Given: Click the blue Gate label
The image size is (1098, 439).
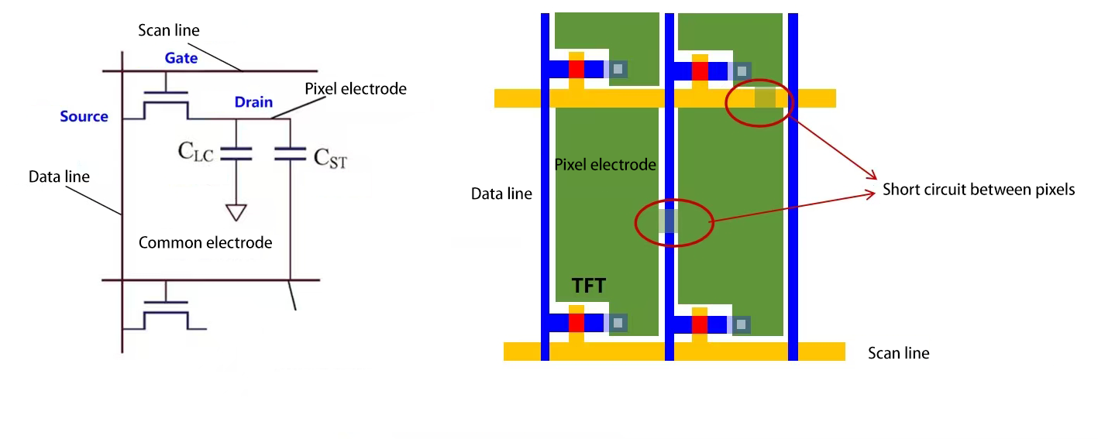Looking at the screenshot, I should point(181,58).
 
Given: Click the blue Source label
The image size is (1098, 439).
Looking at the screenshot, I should point(84,116).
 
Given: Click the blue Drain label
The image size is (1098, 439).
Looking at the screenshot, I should point(253,102).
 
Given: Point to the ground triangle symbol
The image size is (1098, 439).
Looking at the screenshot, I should point(236,211).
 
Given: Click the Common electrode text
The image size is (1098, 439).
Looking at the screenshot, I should point(205,243).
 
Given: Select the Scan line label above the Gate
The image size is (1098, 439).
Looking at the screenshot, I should point(168,31).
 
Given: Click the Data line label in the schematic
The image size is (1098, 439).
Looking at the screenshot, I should point(59,177).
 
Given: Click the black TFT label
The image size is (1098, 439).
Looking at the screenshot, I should point(589,286).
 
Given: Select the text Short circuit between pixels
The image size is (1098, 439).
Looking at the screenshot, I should point(979,190).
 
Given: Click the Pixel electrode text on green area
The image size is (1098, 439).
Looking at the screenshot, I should point(605,165).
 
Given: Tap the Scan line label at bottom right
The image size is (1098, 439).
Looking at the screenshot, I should point(898,353).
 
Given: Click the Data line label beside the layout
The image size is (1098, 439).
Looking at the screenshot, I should point(501,194).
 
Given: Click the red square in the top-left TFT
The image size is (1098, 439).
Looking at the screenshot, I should point(576,69).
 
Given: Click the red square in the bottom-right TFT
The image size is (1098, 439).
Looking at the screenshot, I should point(700,324).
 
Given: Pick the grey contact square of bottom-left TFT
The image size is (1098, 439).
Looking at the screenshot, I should point(618,324).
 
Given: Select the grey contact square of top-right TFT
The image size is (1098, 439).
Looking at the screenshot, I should point(742,70).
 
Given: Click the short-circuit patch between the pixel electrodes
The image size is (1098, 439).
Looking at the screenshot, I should point(668,221).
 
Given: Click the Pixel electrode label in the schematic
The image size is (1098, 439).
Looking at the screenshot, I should point(356,89).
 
